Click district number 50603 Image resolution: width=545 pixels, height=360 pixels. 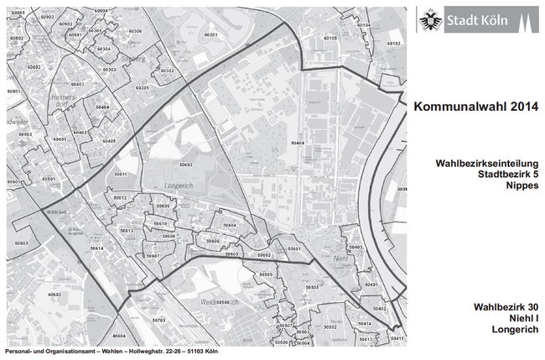pos(185,165)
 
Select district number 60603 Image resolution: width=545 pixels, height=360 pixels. pos(20,243)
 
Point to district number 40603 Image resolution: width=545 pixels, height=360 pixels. pos(54,295)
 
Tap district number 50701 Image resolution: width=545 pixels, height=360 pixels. pos(159,320)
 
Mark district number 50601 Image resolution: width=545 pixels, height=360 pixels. pos(293,249)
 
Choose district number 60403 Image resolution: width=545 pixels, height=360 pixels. pos(77,85)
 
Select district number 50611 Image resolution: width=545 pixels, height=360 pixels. pos(121,174)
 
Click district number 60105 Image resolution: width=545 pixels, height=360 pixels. pos(330,39)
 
